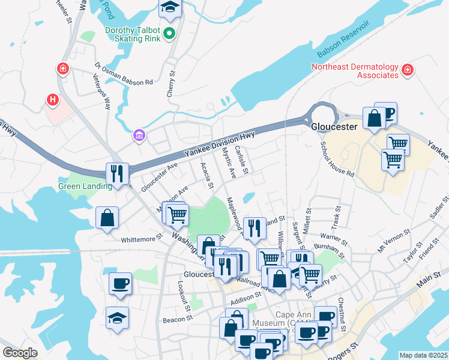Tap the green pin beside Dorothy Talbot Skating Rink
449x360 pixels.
(169, 34)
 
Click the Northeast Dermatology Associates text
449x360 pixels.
(355, 71)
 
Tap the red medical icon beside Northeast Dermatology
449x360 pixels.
(407, 70)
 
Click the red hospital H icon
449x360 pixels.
(53, 99)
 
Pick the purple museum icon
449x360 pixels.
(139, 136)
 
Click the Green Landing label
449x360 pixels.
(85, 186)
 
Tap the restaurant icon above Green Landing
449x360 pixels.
(116, 173)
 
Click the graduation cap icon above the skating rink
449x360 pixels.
(169, 8)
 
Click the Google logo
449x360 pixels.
(20, 353)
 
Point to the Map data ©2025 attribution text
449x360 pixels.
(423, 355)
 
